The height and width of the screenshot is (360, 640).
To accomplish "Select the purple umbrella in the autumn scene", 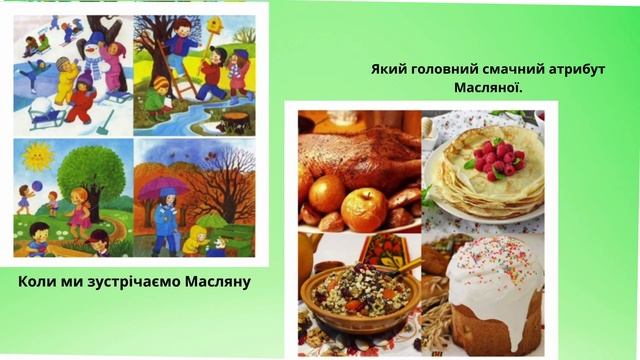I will [162, 189].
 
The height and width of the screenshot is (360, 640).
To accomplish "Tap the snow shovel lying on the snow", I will [107, 123].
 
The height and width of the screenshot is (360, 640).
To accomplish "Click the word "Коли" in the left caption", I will [39, 281].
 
